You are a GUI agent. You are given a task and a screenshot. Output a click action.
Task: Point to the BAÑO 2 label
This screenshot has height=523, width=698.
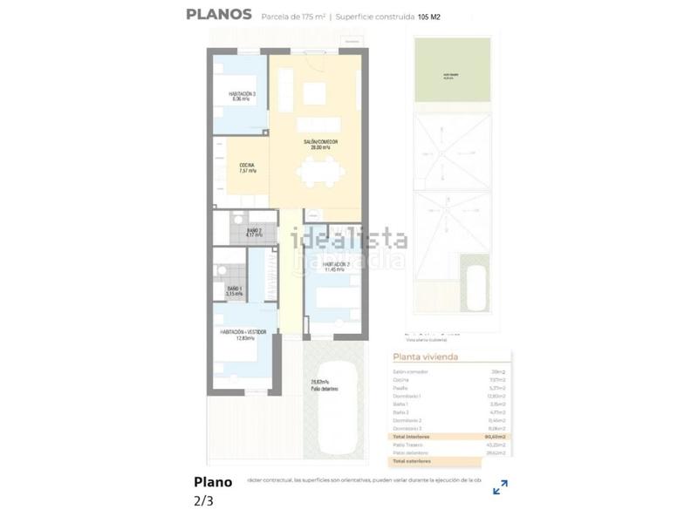pos(254,232)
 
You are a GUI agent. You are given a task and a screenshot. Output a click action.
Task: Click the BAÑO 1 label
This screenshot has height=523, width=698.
pos(235,290)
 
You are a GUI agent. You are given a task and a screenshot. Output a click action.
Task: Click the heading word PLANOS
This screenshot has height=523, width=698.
pos(219,14)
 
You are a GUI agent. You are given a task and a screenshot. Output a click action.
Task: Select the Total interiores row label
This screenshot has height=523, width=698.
pos(410,436)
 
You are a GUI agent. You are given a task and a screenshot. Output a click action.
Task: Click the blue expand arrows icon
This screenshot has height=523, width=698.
pos(500,487)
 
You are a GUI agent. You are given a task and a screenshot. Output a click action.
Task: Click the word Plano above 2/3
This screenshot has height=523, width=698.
pos(213,482)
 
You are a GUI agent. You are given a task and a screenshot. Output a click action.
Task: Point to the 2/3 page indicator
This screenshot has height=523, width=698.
pos(202,500)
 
